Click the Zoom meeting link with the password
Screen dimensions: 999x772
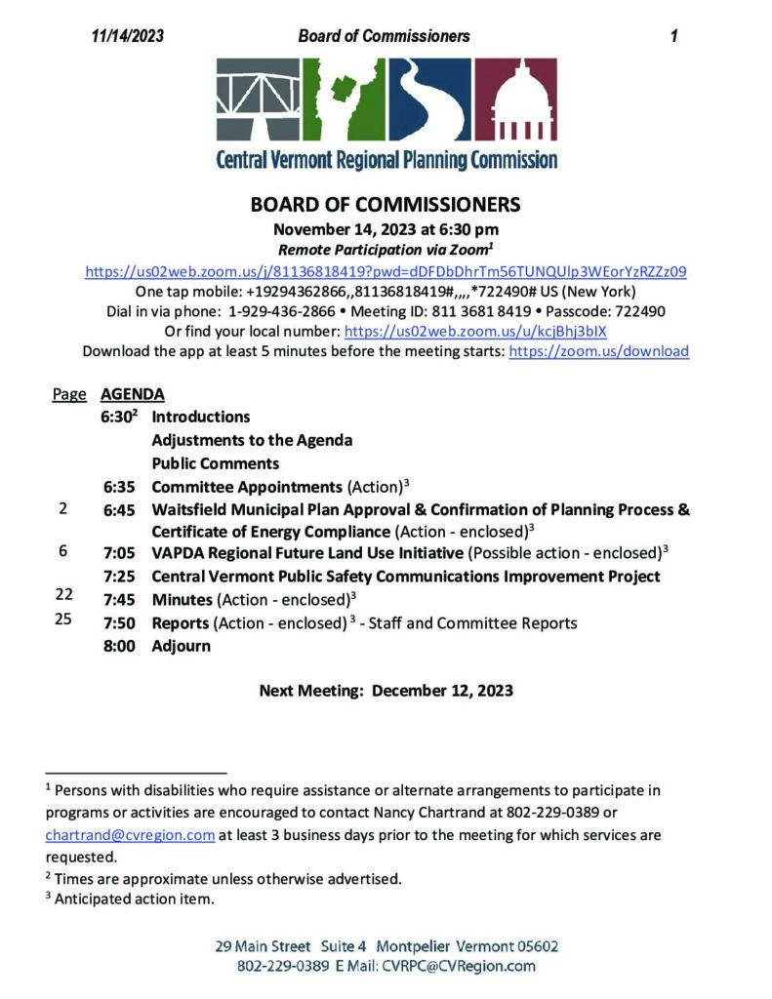pos(386,272)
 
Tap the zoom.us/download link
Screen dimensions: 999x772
pos(598,351)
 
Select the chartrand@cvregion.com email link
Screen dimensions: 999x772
pos(130,835)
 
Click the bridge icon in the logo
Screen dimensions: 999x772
pos(257,101)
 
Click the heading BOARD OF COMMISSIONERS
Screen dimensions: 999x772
pos(386,205)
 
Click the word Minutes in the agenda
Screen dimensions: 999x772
pos(182,599)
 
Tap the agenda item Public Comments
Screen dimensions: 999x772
pos(216,463)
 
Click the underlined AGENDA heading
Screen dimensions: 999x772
pos(132,394)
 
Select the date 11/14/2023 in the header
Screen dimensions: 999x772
pos(128,36)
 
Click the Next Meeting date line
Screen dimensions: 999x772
pos(386,691)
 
